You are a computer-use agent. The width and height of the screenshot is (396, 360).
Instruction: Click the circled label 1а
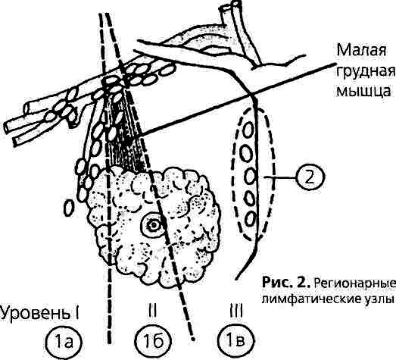tap(65, 342)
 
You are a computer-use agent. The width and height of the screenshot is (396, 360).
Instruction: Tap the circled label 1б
tap(153, 342)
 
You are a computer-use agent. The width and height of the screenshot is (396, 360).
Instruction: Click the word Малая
tap(361, 51)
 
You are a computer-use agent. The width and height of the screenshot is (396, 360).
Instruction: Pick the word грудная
tap(365, 73)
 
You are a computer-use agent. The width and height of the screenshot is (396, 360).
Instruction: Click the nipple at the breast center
tap(153, 225)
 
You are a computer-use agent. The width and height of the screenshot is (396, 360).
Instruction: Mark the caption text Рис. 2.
tap(285, 282)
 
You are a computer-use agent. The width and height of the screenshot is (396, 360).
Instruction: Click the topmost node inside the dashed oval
tap(248, 130)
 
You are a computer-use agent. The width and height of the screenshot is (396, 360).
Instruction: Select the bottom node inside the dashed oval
tap(250, 219)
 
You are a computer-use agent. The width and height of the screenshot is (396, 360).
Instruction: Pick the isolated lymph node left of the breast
tap(69, 207)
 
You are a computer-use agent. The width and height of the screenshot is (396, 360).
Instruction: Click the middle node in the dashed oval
tap(250, 177)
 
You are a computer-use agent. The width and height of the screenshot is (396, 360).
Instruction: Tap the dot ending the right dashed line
tap(193, 339)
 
